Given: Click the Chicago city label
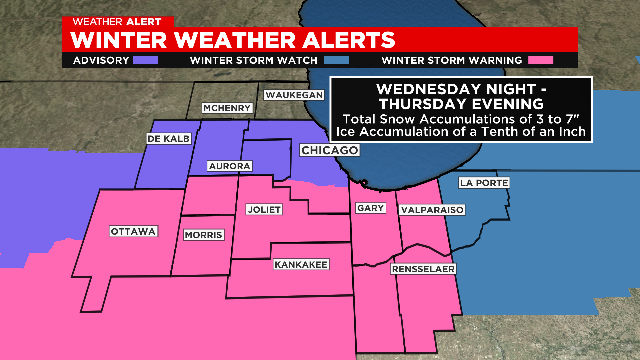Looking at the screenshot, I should [329, 150].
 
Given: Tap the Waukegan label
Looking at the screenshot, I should [294, 95].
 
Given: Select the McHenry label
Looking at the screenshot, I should [227, 108].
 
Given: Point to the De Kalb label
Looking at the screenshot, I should [169, 139].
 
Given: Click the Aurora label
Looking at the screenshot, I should [230, 166].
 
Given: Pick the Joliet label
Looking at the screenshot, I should [264, 210].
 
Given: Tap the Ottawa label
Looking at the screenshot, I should [133, 231].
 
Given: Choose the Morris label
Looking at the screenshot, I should [204, 235].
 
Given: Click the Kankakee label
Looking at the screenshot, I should [301, 265].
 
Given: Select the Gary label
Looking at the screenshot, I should [370, 208].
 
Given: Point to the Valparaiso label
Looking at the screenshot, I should [432, 210].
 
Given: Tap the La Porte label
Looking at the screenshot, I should [484, 183].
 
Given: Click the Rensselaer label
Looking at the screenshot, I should [423, 269].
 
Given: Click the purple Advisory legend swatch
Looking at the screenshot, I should [145, 60].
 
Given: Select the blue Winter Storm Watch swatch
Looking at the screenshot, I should [336, 60].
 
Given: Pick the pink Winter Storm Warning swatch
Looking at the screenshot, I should [541, 60].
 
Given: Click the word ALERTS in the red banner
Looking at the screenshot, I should [349, 40].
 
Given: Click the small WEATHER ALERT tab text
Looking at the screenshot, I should [117, 22].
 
